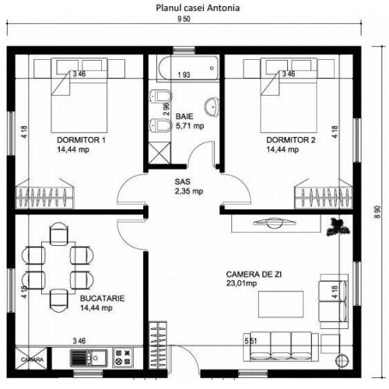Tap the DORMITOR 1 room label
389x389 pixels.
[81, 140]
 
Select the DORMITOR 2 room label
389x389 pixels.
[291, 140]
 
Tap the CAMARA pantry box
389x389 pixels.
[32, 359]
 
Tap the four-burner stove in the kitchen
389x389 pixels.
[123, 357]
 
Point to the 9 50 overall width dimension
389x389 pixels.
[184, 19]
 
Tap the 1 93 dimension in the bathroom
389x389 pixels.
[184, 75]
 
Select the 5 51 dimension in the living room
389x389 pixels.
[251, 341]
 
